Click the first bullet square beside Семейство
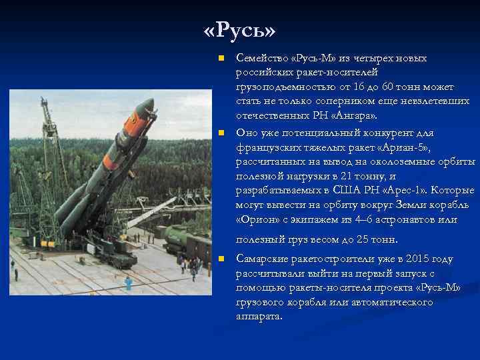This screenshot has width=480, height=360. pos(222,59)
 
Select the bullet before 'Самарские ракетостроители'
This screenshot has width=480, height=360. pos(222,259)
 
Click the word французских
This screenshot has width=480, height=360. pos(267,147)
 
